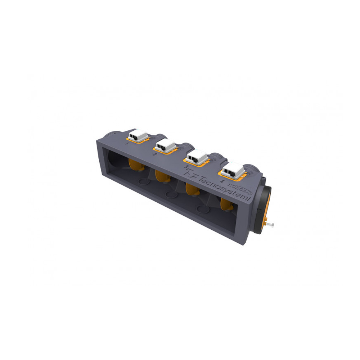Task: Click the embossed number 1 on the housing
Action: point(127,143)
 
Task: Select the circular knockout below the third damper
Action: point(204,209)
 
